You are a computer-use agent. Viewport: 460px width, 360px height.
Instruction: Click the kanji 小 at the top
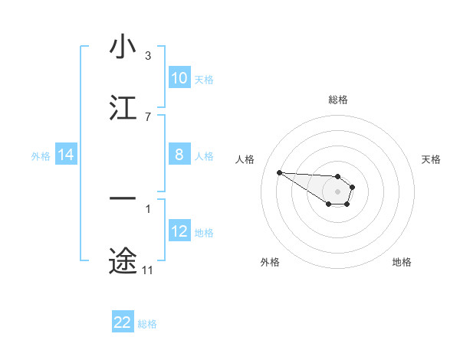[123, 47]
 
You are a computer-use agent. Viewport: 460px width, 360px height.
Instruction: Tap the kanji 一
[123, 199]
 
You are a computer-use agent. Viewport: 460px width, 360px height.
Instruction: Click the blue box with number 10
[179, 78]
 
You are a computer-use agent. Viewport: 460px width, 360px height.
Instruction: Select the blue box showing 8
[179, 155]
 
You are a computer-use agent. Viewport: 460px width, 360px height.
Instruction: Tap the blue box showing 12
[179, 231]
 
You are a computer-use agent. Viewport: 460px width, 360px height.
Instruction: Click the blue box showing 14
[66, 155]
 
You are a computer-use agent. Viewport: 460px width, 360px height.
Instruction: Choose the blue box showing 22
[123, 322]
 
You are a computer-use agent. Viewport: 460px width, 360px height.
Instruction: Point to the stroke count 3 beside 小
[147, 56]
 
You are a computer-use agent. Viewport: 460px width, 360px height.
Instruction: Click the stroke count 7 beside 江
[147, 116]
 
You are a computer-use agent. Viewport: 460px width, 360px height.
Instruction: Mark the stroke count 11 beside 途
[147, 270]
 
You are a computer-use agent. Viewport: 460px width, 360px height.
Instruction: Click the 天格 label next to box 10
[204, 79]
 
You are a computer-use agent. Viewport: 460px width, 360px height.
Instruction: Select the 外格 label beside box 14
[41, 155]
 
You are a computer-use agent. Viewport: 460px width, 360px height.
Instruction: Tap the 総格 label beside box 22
[147, 323]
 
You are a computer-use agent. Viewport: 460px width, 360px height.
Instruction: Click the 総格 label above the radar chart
[337, 100]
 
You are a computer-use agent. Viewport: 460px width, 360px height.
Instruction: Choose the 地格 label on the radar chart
[402, 262]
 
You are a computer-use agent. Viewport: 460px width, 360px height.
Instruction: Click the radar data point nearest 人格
[279, 172]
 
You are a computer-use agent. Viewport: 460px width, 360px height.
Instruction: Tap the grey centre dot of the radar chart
[337, 191]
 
